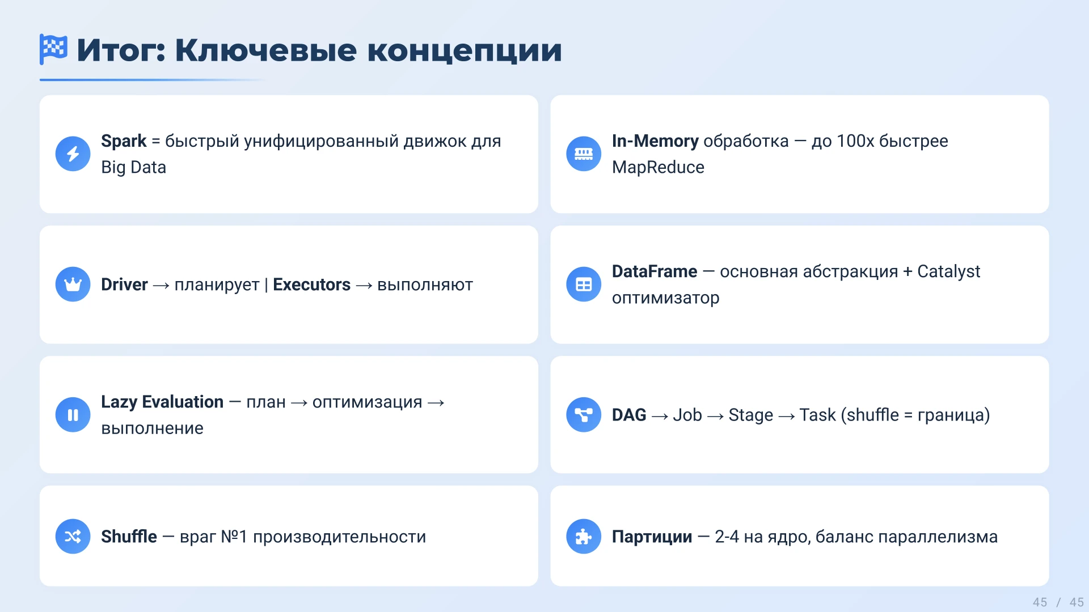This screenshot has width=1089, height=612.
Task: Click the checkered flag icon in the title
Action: (x=53, y=49)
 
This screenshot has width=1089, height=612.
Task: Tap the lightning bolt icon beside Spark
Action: (x=73, y=154)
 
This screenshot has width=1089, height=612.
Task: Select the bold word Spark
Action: (x=124, y=141)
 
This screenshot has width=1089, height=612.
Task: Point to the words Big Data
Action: (x=133, y=167)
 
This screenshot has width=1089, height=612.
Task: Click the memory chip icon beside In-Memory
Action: (x=583, y=154)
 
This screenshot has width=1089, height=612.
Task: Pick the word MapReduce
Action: (x=658, y=167)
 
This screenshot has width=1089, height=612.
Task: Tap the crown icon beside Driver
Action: (x=73, y=284)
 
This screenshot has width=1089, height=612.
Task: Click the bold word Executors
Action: (x=311, y=284)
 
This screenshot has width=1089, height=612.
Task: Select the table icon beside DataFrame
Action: (x=583, y=284)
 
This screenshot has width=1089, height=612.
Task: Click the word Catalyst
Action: (x=948, y=271)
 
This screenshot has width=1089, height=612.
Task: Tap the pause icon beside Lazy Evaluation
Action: (x=73, y=415)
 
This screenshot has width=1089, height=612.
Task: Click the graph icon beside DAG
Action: (x=583, y=415)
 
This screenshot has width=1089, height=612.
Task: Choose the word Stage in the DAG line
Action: (x=750, y=415)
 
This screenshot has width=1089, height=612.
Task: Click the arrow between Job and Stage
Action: (x=715, y=416)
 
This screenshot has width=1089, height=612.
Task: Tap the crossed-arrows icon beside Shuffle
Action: (x=73, y=536)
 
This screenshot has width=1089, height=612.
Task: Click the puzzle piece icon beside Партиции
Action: (x=583, y=536)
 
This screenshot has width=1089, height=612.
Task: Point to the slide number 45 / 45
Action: (x=1058, y=602)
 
